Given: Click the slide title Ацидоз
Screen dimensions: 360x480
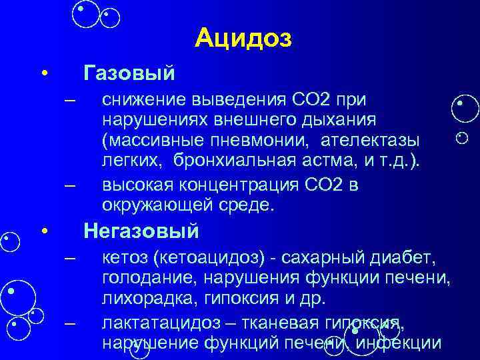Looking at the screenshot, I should pos(244,39).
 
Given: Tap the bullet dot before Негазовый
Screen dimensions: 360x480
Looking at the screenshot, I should pos(44,232).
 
